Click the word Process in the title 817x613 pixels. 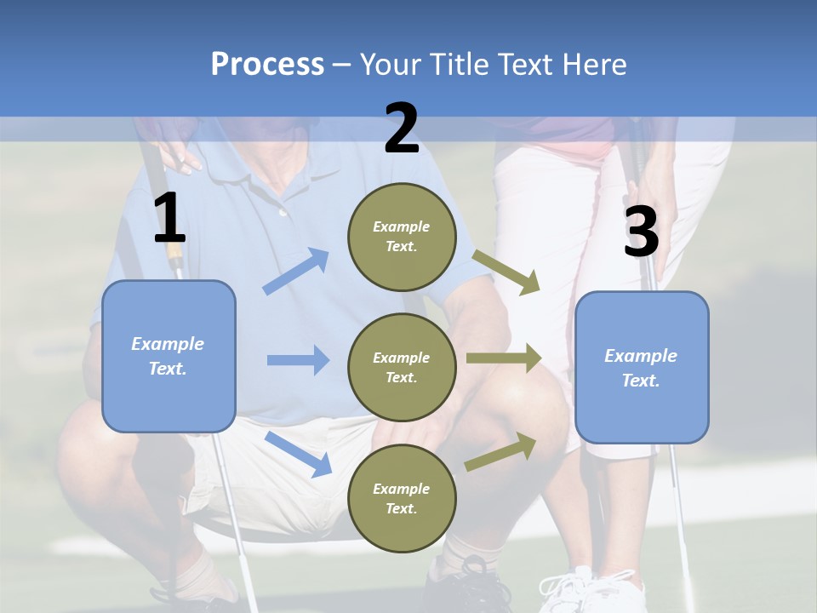[x=267, y=65]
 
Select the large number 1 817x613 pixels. [x=169, y=220]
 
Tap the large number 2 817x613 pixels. [x=402, y=129]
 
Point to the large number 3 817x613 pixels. [x=641, y=232]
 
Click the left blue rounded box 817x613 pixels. [x=169, y=356]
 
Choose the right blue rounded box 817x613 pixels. [x=642, y=368]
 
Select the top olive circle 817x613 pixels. [x=402, y=237]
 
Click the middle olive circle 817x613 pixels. [x=402, y=367]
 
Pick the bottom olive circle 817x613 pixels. [x=402, y=498]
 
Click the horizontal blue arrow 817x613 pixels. [x=298, y=360]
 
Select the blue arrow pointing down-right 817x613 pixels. [x=298, y=453]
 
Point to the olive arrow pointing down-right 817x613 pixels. [x=506, y=272]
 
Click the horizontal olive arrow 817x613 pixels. [x=504, y=358]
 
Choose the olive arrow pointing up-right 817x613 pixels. [x=500, y=452]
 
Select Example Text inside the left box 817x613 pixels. [x=168, y=356]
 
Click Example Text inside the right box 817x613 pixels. [x=641, y=368]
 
